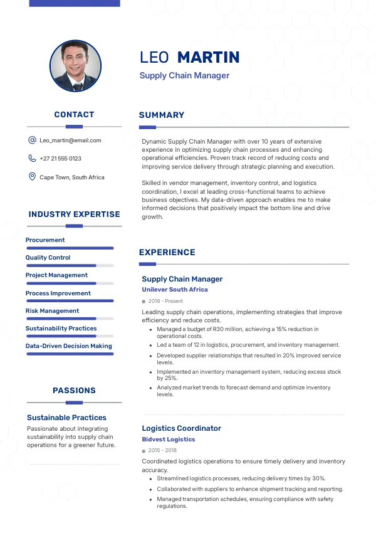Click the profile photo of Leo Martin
coord(75,66)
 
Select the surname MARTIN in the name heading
coord(208,58)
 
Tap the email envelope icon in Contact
coord(32,140)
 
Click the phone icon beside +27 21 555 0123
coord(32,159)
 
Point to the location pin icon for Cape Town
coord(32,177)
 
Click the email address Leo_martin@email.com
coord(70,140)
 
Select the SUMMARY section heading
coord(162,115)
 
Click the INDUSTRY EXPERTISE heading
coord(74,214)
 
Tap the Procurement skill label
coord(45,240)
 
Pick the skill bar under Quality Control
coord(70,266)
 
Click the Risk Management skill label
coord(52,311)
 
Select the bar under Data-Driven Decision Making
coord(70,354)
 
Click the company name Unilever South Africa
coord(175,290)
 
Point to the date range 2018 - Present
coord(165,302)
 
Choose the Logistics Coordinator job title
coord(181,428)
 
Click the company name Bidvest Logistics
coord(169,440)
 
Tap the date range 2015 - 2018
coord(162,451)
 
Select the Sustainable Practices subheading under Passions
coord(66,418)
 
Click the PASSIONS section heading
coord(74,391)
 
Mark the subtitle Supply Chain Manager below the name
coord(184,76)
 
